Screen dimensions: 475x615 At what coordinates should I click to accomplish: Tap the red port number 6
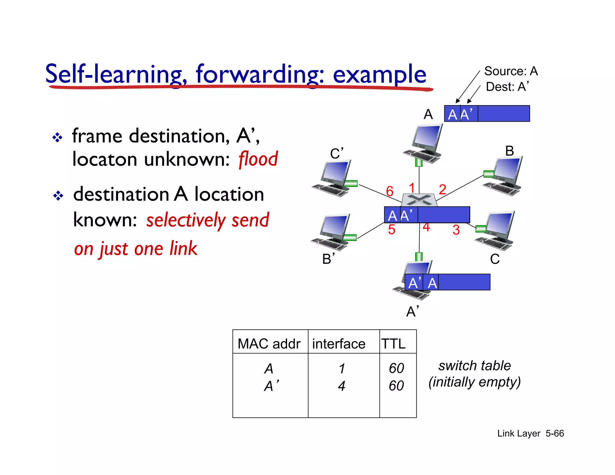point(389,191)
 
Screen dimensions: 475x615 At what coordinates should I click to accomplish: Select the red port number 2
point(442,189)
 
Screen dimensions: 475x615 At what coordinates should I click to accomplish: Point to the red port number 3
point(456,230)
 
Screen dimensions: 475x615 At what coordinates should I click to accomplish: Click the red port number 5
point(391,230)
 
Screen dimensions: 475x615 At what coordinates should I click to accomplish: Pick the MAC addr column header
point(269,343)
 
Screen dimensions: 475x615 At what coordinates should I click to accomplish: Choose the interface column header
point(338,343)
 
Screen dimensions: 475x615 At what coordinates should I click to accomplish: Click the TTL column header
point(393,343)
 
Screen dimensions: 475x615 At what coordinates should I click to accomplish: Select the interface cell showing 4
point(341,386)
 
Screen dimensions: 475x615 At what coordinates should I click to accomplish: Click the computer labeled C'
point(333,179)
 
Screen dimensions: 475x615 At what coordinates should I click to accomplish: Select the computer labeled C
point(495,231)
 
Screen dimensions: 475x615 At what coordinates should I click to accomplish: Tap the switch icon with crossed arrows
point(419,200)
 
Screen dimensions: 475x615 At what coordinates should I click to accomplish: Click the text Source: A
point(510,71)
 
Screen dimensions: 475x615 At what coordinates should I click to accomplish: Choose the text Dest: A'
point(507,87)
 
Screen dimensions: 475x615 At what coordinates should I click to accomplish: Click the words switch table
point(474,366)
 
